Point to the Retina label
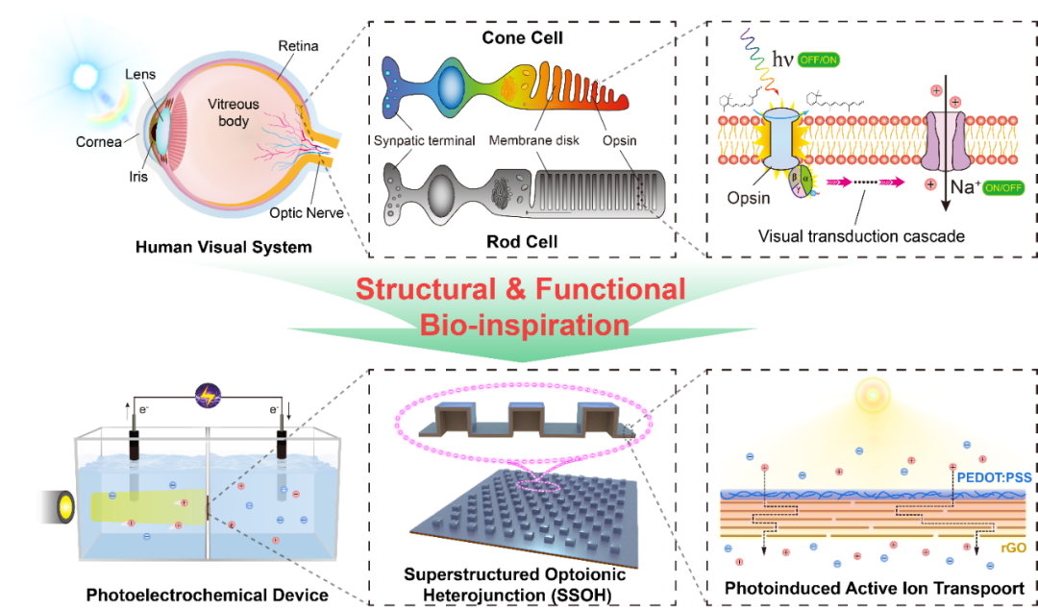click(x=298, y=46)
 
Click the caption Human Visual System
click(x=223, y=247)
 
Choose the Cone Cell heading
click(x=522, y=38)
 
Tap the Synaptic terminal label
click(x=425, y=140)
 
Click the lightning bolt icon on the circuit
click(x=208, y=397)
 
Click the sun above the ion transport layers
click(x=874, y=398)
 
